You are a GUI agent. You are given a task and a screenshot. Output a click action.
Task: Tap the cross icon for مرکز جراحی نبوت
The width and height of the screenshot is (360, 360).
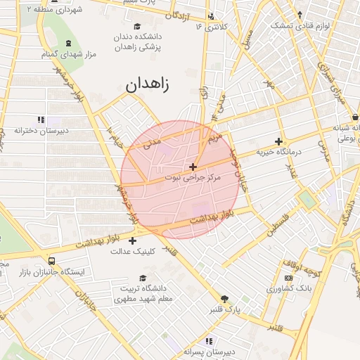193,167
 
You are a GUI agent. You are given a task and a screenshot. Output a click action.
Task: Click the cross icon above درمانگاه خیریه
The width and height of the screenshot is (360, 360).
279,141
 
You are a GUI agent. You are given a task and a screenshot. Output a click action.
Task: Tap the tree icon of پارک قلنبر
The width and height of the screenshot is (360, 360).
225,298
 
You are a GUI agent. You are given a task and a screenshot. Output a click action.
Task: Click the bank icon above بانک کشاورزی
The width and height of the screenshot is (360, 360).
288,279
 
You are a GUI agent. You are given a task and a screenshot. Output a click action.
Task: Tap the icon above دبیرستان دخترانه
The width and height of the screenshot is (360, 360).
41,120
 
